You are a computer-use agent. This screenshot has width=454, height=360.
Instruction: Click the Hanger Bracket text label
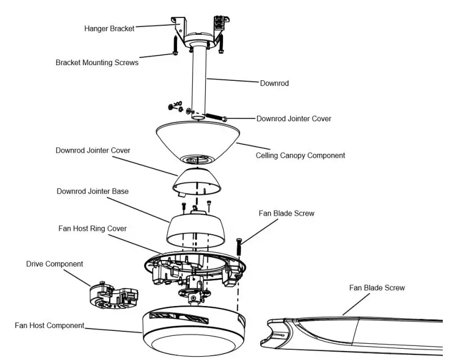tap(110, 29)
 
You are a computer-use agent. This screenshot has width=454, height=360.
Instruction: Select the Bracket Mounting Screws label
tap(97, 63)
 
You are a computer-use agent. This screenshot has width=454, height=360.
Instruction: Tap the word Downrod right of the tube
tap(274, 83)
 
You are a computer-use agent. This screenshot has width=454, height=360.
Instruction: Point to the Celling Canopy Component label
tap(300, 156)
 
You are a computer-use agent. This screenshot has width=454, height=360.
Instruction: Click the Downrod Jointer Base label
tap(93, 192)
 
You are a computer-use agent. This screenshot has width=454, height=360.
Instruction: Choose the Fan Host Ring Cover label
tap(93, 229)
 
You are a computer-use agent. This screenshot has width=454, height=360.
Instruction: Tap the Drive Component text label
tap(55, 264)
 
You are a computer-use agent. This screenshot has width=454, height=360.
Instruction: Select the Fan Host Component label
tap(49, 325)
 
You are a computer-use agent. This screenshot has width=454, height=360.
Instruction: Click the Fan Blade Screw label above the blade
tap(286, 213)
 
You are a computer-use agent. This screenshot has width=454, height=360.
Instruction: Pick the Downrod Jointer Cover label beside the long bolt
tap(293, 119)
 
